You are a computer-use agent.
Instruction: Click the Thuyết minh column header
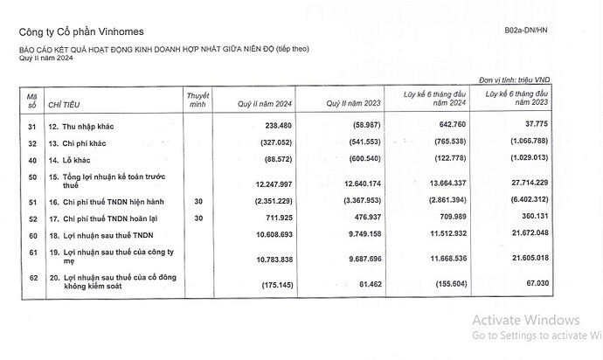(x=199, y=97)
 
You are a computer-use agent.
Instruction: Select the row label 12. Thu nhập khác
(x=85, y=128)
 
